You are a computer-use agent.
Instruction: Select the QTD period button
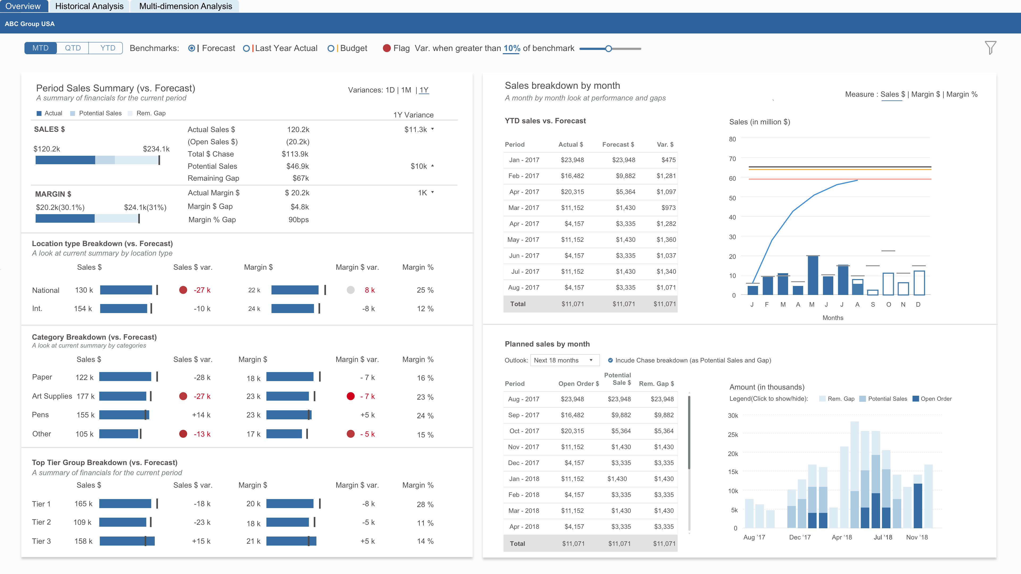[x=73, y=48]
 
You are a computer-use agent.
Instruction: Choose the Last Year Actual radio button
[x=246, y=48]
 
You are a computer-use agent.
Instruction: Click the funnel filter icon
[x=990, y=48]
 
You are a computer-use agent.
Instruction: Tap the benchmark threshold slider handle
[x=608, y=49]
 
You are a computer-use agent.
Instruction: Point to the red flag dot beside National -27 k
[x=183, y=290]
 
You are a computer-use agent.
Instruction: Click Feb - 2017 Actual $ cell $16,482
[x=572, y=176]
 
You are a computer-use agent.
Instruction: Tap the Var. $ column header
[x=665, y=145]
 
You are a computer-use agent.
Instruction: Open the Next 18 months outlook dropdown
[x=564, y=360]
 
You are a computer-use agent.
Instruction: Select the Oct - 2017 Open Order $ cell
[x=572, y=431]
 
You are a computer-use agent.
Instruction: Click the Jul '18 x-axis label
[x=883, y=537]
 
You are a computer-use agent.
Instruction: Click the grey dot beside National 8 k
[x=350, y=290]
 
